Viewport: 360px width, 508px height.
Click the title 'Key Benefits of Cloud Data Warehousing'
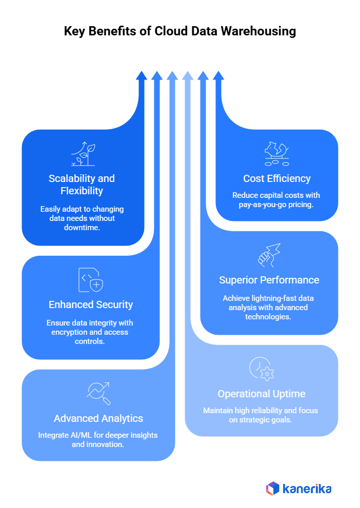click(180, 31)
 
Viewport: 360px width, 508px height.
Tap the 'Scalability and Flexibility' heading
click(82, 185)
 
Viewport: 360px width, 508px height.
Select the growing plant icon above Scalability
click(83, 154)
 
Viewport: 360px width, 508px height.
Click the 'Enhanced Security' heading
click(91, 304)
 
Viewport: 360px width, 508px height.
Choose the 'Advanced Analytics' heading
click(98, 418)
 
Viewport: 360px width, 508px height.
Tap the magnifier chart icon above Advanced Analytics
click(98, 393)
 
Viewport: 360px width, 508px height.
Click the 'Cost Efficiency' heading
click(277, 178)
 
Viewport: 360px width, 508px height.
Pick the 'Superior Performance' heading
click(269, 280)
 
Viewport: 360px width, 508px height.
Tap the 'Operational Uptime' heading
click(262, 394)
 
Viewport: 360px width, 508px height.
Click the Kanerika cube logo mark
click(273, 489)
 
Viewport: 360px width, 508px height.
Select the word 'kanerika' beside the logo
click(307, 489)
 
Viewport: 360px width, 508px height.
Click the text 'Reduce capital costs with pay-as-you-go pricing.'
click(276, 200)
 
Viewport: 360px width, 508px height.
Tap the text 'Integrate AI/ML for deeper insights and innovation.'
click(98, 440)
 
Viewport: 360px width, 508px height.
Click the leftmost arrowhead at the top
click(142, 76)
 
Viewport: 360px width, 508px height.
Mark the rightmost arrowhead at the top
click(218, 76)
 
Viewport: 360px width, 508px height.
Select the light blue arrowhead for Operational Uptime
click(188, 76)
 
